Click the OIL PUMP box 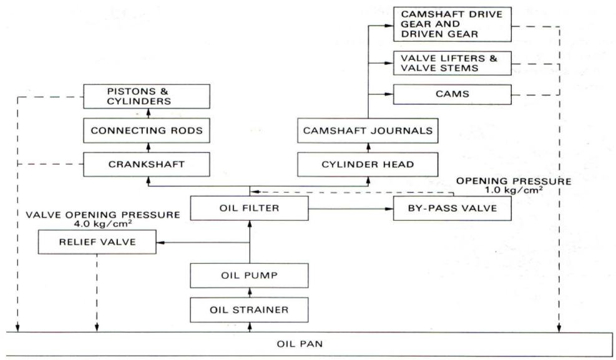tap(249, 275)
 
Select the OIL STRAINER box tap(249, 308)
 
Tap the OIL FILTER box tap(249, 208)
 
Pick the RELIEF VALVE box tap(97, 242)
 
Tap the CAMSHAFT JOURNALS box tap(367, 131)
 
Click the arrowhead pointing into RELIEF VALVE tap(160, 242)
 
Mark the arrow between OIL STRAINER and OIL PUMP tap(249, 291)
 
